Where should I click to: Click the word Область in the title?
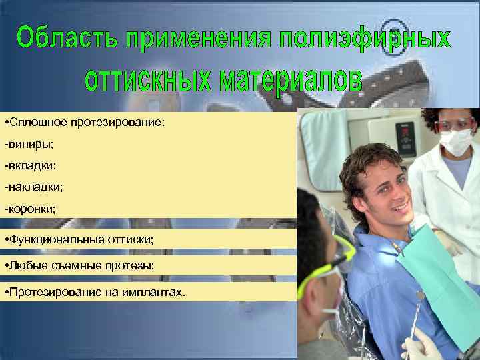point(63,37)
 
